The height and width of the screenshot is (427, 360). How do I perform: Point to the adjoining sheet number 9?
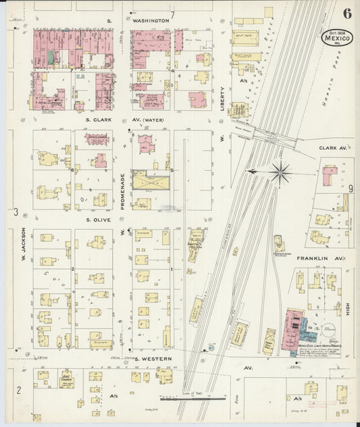[352, 189]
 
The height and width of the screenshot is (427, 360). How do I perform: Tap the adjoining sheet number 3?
[15, 213]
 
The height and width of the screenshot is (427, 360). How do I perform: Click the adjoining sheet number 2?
[19, 388]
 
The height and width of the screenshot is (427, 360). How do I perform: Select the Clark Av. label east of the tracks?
[332, 147]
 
